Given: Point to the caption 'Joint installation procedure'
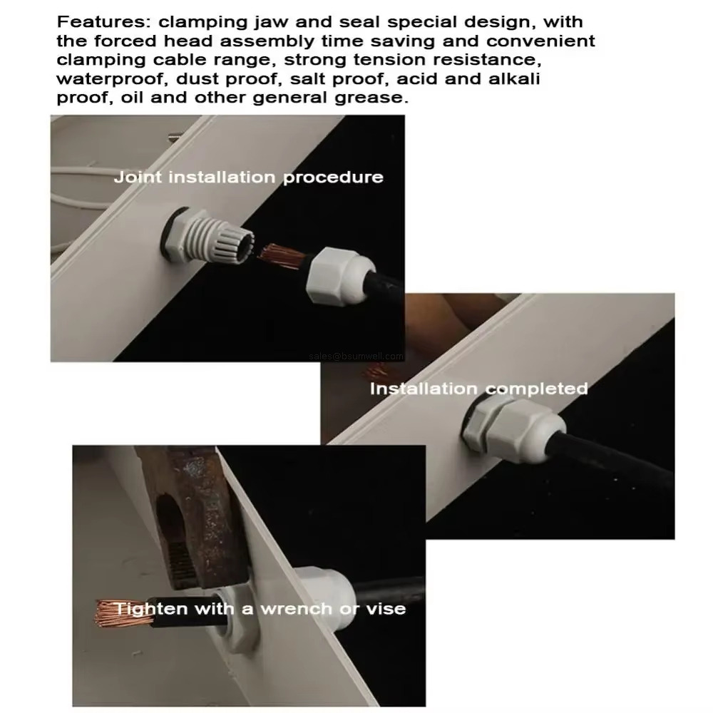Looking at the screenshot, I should tap(248, 177).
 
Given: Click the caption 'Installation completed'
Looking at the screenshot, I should tap(478, 389).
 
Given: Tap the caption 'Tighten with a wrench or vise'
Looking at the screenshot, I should tap(260, 609).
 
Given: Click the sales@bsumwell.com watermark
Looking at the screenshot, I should tap(356, 356).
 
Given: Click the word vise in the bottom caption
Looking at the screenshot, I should tap(386, 609).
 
